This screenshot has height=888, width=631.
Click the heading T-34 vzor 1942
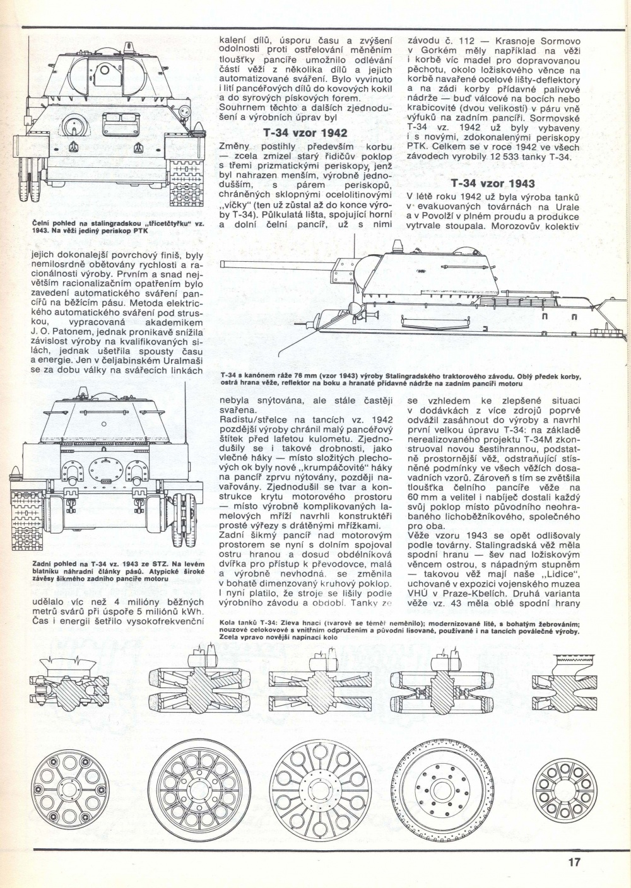305,133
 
